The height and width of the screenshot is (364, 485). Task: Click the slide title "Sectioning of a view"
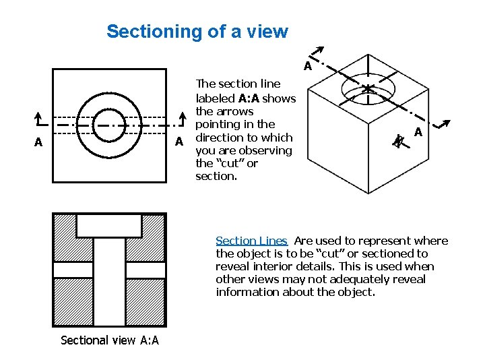[197, 32]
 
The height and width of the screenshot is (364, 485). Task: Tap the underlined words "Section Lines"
[251, 241]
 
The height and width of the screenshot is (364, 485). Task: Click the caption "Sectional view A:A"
[110, 340]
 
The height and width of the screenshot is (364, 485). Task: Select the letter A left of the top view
[38, 142]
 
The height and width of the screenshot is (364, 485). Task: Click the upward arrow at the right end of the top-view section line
[182, 118]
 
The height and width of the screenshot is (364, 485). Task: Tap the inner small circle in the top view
[108, 125]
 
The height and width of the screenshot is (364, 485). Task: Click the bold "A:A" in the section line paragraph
[249, 98]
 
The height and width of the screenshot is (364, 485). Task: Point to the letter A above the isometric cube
[307, 66]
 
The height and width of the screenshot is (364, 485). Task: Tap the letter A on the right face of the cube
[418, 132]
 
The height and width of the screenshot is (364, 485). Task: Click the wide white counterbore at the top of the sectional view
[109, 225]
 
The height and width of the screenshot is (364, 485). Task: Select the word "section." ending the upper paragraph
[216, 176]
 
